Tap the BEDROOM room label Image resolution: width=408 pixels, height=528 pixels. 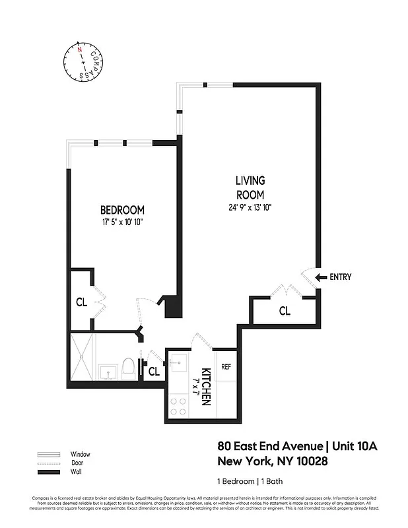pos(118,211)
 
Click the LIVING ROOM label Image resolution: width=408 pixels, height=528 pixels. pos(250,187)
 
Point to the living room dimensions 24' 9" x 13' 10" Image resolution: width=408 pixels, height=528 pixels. pos(250,207)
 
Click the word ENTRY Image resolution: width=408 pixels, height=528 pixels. pos(340,277)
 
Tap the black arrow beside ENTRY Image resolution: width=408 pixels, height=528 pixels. pos(321,277)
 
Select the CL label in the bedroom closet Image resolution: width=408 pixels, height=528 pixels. pos(82,303)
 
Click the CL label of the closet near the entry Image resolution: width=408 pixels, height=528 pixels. pos(285,310)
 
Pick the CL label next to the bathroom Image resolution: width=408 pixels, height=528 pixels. pos(154,372)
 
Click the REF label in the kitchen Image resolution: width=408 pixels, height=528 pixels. pos(225,367)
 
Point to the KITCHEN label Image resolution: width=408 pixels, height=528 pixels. pos(206,386)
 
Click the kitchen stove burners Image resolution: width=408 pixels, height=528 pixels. pos(179,405)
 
